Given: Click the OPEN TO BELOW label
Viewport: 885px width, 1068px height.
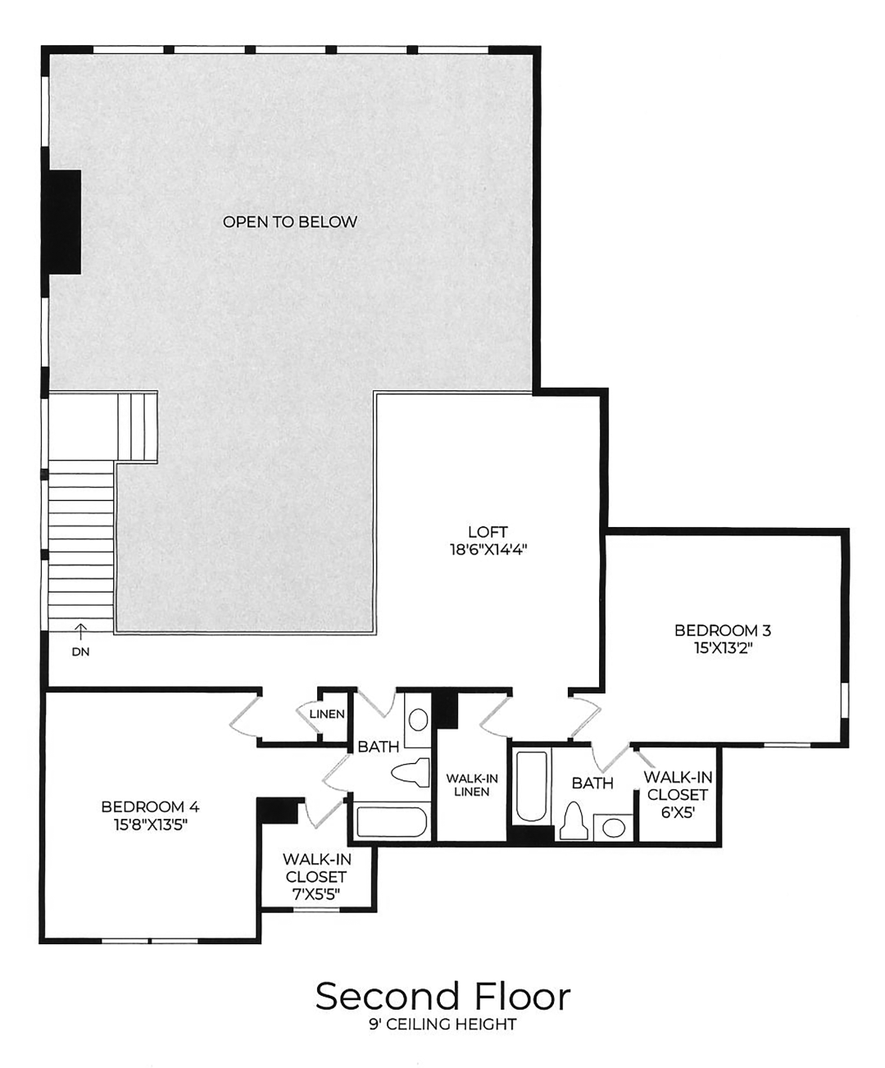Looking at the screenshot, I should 290,222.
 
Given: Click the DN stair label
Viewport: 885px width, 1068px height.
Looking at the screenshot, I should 80,652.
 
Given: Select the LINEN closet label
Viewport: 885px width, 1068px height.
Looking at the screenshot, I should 327,714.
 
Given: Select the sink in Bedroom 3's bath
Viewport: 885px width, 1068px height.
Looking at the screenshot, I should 613,827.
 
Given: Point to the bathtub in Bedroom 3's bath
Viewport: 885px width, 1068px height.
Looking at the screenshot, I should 532,786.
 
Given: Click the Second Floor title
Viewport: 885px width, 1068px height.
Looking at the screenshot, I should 442,996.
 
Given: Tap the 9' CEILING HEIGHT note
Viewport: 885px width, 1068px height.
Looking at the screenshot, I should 442,1025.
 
